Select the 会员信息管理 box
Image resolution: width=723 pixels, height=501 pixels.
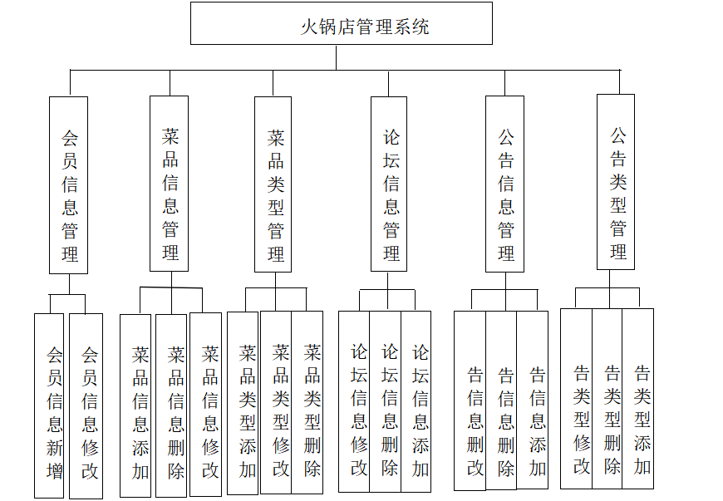coord(68,185)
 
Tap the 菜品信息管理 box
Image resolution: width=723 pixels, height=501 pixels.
coord(169,184)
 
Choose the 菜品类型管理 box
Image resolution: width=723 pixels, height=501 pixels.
coord(275,184)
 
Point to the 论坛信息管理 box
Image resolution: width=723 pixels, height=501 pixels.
coord(390,184)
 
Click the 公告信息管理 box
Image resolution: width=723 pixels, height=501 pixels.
coord(504,184)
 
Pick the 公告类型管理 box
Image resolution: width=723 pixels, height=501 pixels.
coord(616,183)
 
